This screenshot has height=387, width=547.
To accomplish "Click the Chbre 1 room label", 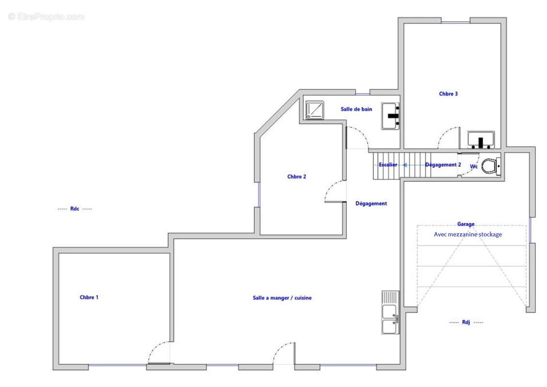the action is point(89,297).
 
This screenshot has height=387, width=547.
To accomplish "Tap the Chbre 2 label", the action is point(297,177).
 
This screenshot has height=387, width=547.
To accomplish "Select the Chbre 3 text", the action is point(448,94).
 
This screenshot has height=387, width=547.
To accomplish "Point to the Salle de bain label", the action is point(356,109).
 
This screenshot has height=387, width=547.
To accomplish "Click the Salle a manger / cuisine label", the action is point(282,298).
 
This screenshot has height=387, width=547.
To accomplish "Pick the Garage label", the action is point(466,224).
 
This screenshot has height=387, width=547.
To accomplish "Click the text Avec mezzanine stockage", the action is point(468,235).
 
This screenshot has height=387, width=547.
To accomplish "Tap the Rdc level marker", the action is point(75,208).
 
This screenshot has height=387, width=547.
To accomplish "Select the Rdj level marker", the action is point(466,322).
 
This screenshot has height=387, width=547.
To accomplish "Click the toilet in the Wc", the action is point(490,166).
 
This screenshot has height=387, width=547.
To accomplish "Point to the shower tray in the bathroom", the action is point(314,110).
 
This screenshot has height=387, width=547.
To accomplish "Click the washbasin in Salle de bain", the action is point(391,116).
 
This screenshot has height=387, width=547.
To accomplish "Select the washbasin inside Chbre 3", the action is point(481,140).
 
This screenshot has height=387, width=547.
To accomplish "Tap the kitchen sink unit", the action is point(391,313).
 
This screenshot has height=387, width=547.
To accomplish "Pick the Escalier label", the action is point(388,165).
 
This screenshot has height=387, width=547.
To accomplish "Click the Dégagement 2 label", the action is point(443,165).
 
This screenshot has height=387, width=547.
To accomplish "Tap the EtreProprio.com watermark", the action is point(46,16).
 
